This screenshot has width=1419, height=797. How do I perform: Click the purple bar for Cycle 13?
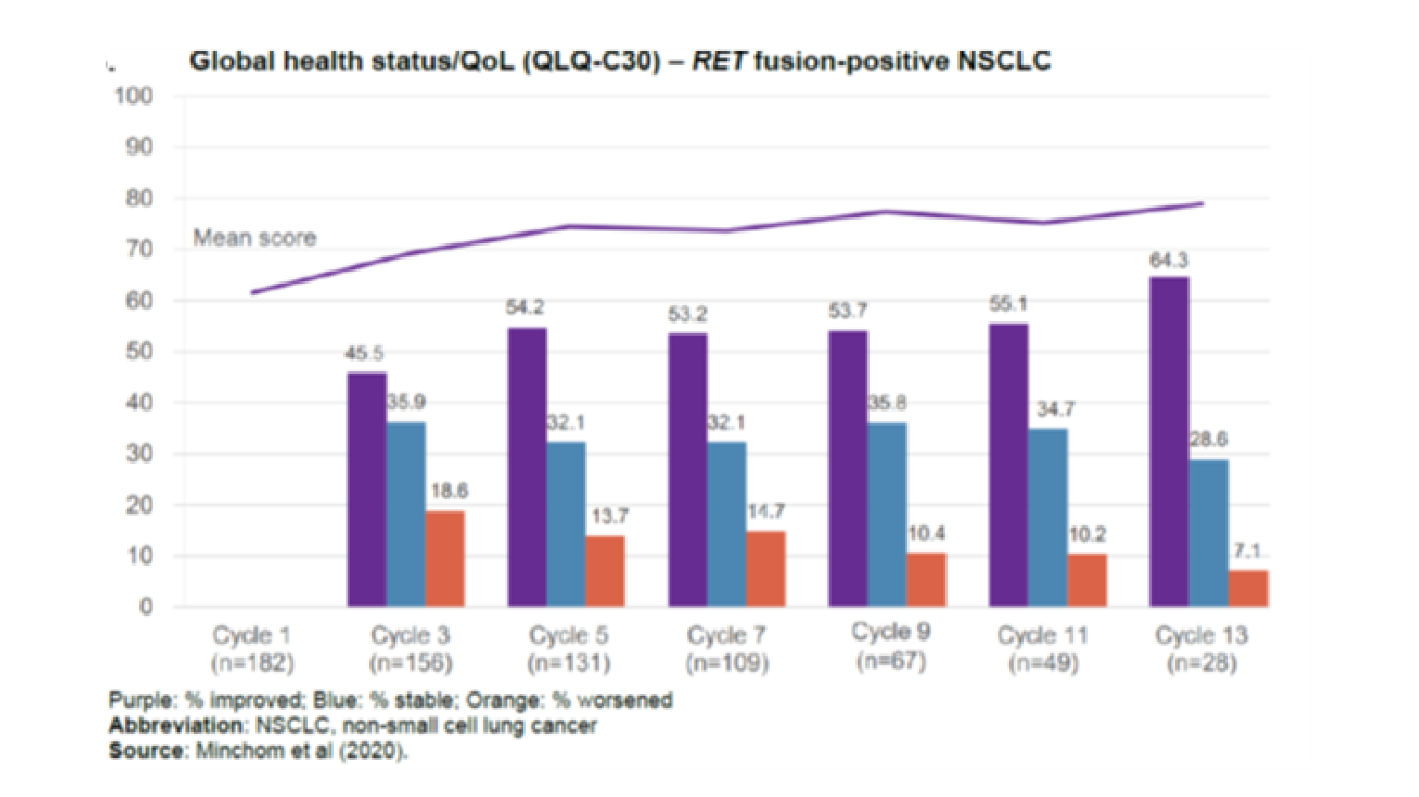[1169, 442]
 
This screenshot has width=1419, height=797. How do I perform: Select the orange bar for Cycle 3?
[445, 559]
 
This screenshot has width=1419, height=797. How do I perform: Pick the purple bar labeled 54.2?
[527, 468]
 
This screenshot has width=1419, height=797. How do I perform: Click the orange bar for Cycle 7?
[766, 569]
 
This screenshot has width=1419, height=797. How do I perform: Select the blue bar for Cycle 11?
[1048, 518]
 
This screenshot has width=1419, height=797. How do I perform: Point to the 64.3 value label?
[1169, 261]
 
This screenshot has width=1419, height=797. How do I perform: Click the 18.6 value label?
[449, 491]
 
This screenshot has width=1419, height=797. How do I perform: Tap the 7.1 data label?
[1247, 551]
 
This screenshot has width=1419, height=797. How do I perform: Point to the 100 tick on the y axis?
[134, 96]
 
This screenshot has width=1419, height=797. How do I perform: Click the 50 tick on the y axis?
[139, 352]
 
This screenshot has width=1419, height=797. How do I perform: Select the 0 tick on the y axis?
[146, 607]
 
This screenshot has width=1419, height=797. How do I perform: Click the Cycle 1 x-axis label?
[251, 636]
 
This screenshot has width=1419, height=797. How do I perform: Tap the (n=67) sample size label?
[891, 661]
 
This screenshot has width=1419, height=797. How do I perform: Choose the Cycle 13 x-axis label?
[1201, 636]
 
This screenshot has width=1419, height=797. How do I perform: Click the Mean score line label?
[254, 238]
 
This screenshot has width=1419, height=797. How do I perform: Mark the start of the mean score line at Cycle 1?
[252, 292]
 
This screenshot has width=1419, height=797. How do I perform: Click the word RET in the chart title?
[719, 61]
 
